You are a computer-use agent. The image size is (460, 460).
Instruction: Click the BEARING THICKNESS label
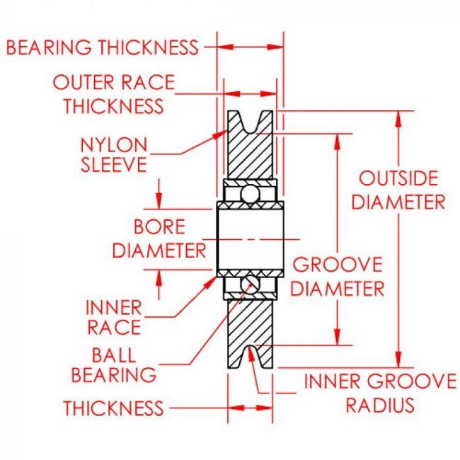[102, 47]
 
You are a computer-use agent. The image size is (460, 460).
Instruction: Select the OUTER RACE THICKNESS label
[113, 94]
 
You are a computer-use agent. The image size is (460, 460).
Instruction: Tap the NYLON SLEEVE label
[114, 154]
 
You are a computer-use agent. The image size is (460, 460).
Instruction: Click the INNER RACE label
[113, 318]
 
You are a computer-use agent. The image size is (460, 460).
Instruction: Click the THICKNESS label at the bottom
[113, 408]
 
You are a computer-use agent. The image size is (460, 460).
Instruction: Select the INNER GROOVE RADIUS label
[379, 393]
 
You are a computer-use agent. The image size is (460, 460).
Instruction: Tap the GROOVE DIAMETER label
[338, 277]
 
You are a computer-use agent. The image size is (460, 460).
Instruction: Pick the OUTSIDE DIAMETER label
[399, 190]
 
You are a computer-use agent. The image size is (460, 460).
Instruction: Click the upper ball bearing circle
[248, 192]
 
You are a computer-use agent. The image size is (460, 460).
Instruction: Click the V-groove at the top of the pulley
[251, 122]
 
